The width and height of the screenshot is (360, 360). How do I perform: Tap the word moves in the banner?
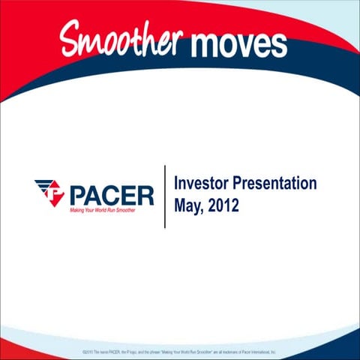click(238, 43)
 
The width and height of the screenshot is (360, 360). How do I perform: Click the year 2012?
click(224, 204)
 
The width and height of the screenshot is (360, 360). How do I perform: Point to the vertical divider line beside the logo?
click(164, 196)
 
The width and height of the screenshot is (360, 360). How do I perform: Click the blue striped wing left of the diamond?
click(42, 185)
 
